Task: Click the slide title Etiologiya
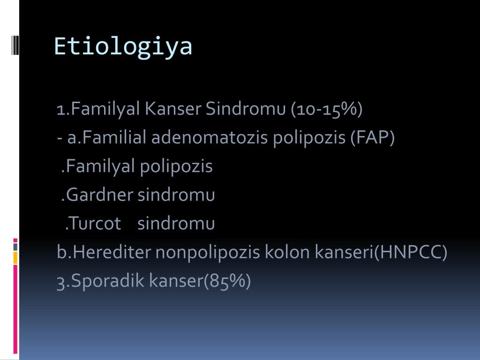coord(123,46)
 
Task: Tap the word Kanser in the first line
coord(173,108)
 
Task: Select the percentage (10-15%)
coord(327,109)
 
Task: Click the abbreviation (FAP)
coord(372,137)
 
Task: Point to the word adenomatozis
coord(210,137)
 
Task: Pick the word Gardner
coord(99,195)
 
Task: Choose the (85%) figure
coord(227,281)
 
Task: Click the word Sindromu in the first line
coord(246,108)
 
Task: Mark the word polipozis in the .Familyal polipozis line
coord(176,166)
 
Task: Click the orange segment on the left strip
coord(15,258)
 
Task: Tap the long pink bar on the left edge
coord(15,309)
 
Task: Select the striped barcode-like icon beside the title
coord(15,45)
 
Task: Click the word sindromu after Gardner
coord(176,195)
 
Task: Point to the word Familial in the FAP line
coord(114,137)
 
